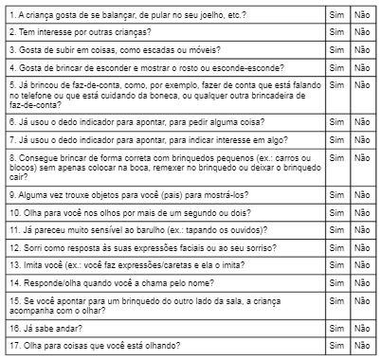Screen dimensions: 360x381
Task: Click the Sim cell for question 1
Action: pos(336,16)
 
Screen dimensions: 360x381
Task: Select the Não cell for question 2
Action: pos(361,31)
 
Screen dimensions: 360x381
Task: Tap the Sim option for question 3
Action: pos(336,49)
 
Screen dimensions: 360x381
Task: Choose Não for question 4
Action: pos(361,67)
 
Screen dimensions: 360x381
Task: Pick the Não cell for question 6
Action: pos(361,121)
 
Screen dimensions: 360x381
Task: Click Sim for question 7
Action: pos(336,139)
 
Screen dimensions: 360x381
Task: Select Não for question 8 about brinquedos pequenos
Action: pos(361,156)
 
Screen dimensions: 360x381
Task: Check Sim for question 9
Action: pos(336,193)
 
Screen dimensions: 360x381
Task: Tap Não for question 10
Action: pos(361,211)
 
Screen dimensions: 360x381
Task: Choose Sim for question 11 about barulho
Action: pos(336,228)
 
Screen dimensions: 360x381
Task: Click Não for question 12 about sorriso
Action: pos(361,246)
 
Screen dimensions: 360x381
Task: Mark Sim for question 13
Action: pos(336,264)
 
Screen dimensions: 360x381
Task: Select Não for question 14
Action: pos(361,282)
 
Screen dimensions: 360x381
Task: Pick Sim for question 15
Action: pos(336,300)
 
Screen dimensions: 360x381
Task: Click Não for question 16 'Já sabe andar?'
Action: pos(361,328)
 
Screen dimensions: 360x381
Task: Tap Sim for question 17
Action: pos(336,346)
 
